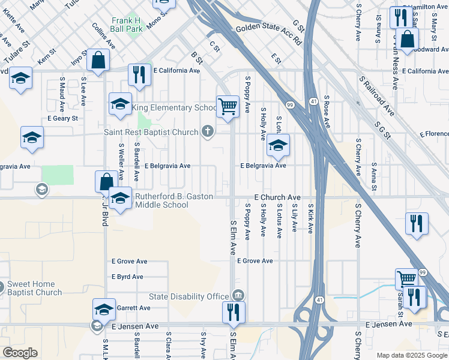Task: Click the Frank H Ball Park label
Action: (x=126, y=24)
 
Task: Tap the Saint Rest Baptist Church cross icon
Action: (x=208, y=131)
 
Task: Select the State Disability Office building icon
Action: (x=238, y=295)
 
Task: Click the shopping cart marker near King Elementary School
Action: (x=228, y=107)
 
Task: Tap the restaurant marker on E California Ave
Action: (x=139, y=75)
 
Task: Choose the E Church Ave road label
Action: (x=277, y=197)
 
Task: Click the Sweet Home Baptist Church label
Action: (x=34, y=288)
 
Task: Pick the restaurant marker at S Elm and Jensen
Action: (x=234, y=313)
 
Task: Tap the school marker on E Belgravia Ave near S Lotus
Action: (x=277, y=145)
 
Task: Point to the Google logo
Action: (x=20, y=353)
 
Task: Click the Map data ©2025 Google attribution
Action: (x=412, y=355)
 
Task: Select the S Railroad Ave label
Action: (x=376, y=96)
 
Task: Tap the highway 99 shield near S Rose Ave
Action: (x=289, y=104)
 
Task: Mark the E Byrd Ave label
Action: (x=127, y=277)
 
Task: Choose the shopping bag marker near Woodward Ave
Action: (x=407, y=41)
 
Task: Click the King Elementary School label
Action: (x=174, y=108)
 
